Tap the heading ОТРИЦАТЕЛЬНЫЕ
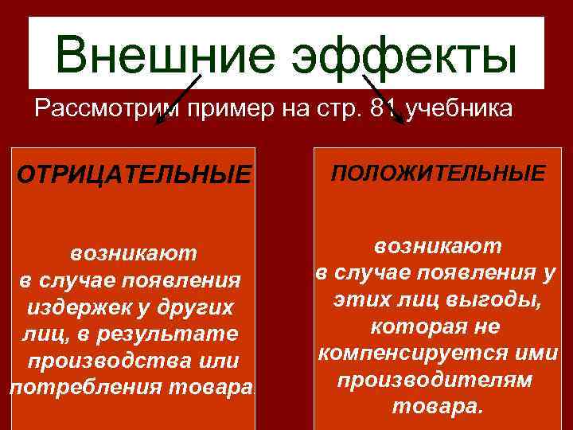point(134,174)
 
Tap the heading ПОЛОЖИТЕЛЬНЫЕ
point(439,173)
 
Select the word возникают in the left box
point(133,253)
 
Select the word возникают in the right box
point(438,245)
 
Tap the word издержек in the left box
point(89,307)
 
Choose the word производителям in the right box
point(438,380)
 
